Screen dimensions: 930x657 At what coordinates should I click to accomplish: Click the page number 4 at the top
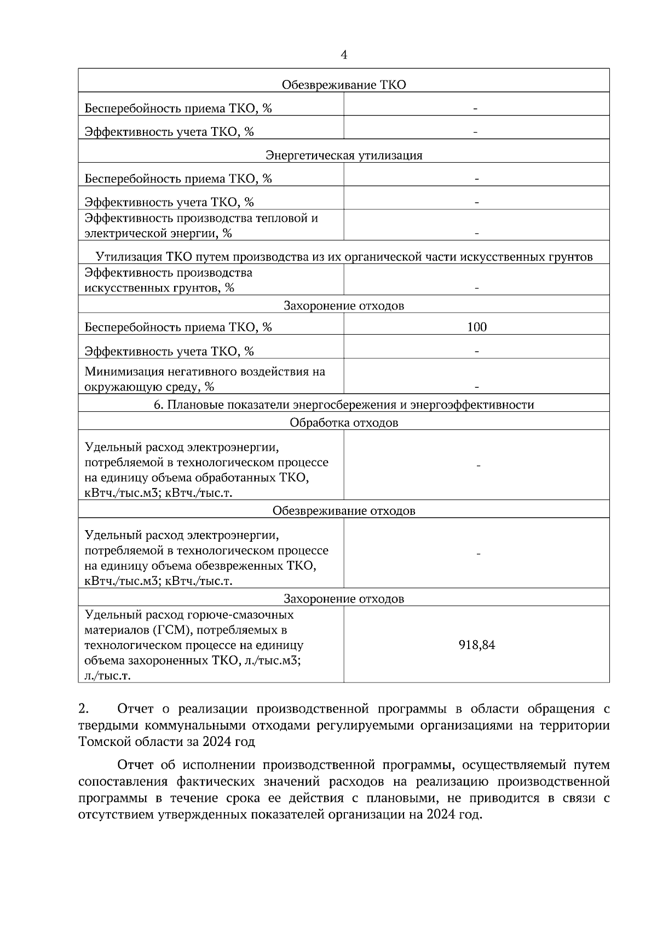tap(344, 55)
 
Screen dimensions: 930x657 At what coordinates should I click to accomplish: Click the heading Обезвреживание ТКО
tap(344, 85)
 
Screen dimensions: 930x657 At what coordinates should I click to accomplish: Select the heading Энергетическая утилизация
tap(344, 156)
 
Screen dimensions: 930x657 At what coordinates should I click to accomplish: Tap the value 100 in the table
tap(477, 328)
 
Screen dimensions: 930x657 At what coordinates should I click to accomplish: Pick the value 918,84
tap(477, 645)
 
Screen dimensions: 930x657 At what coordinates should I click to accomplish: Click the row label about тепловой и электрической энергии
tap(201, 226)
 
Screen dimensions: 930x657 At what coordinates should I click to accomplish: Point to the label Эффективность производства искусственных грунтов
tap(168, 280)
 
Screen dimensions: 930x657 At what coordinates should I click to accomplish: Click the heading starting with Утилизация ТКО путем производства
tap(344, 257)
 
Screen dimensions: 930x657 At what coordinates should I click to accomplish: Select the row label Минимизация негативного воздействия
tap(204, 379)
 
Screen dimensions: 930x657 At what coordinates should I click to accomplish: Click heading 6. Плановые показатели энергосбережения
tap(344, 405)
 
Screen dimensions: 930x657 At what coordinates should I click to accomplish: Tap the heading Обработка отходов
tap(344, 423)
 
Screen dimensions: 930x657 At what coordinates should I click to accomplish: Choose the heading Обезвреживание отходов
tap(344, 511)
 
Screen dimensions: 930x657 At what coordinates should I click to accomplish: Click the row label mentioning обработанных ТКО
tap(206, 470)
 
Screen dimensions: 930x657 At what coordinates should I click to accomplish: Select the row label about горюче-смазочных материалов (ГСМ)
tap(193, 645)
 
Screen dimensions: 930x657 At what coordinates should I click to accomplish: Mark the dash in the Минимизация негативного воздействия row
tap(477, 387)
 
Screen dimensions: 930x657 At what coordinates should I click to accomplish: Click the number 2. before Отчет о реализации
tap(84, 709)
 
